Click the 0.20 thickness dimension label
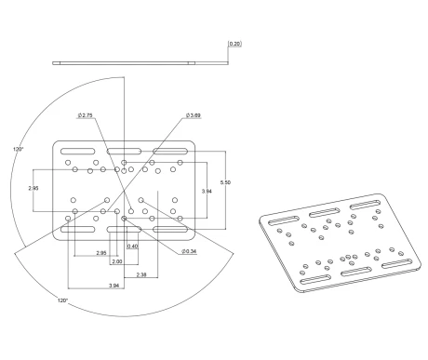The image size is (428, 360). [234, 44]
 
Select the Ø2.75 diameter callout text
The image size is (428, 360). [86, 115]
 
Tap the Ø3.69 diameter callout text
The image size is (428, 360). [194, 115]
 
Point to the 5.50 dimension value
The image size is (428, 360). [225, 182]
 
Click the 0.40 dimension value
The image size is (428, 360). [132, 247]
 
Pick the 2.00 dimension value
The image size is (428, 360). [117, 261]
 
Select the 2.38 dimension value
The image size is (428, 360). [141, 274]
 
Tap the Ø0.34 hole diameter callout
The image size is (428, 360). [189, 251]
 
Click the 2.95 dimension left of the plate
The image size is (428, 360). [33, 188]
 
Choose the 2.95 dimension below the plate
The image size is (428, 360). [101, 253]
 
